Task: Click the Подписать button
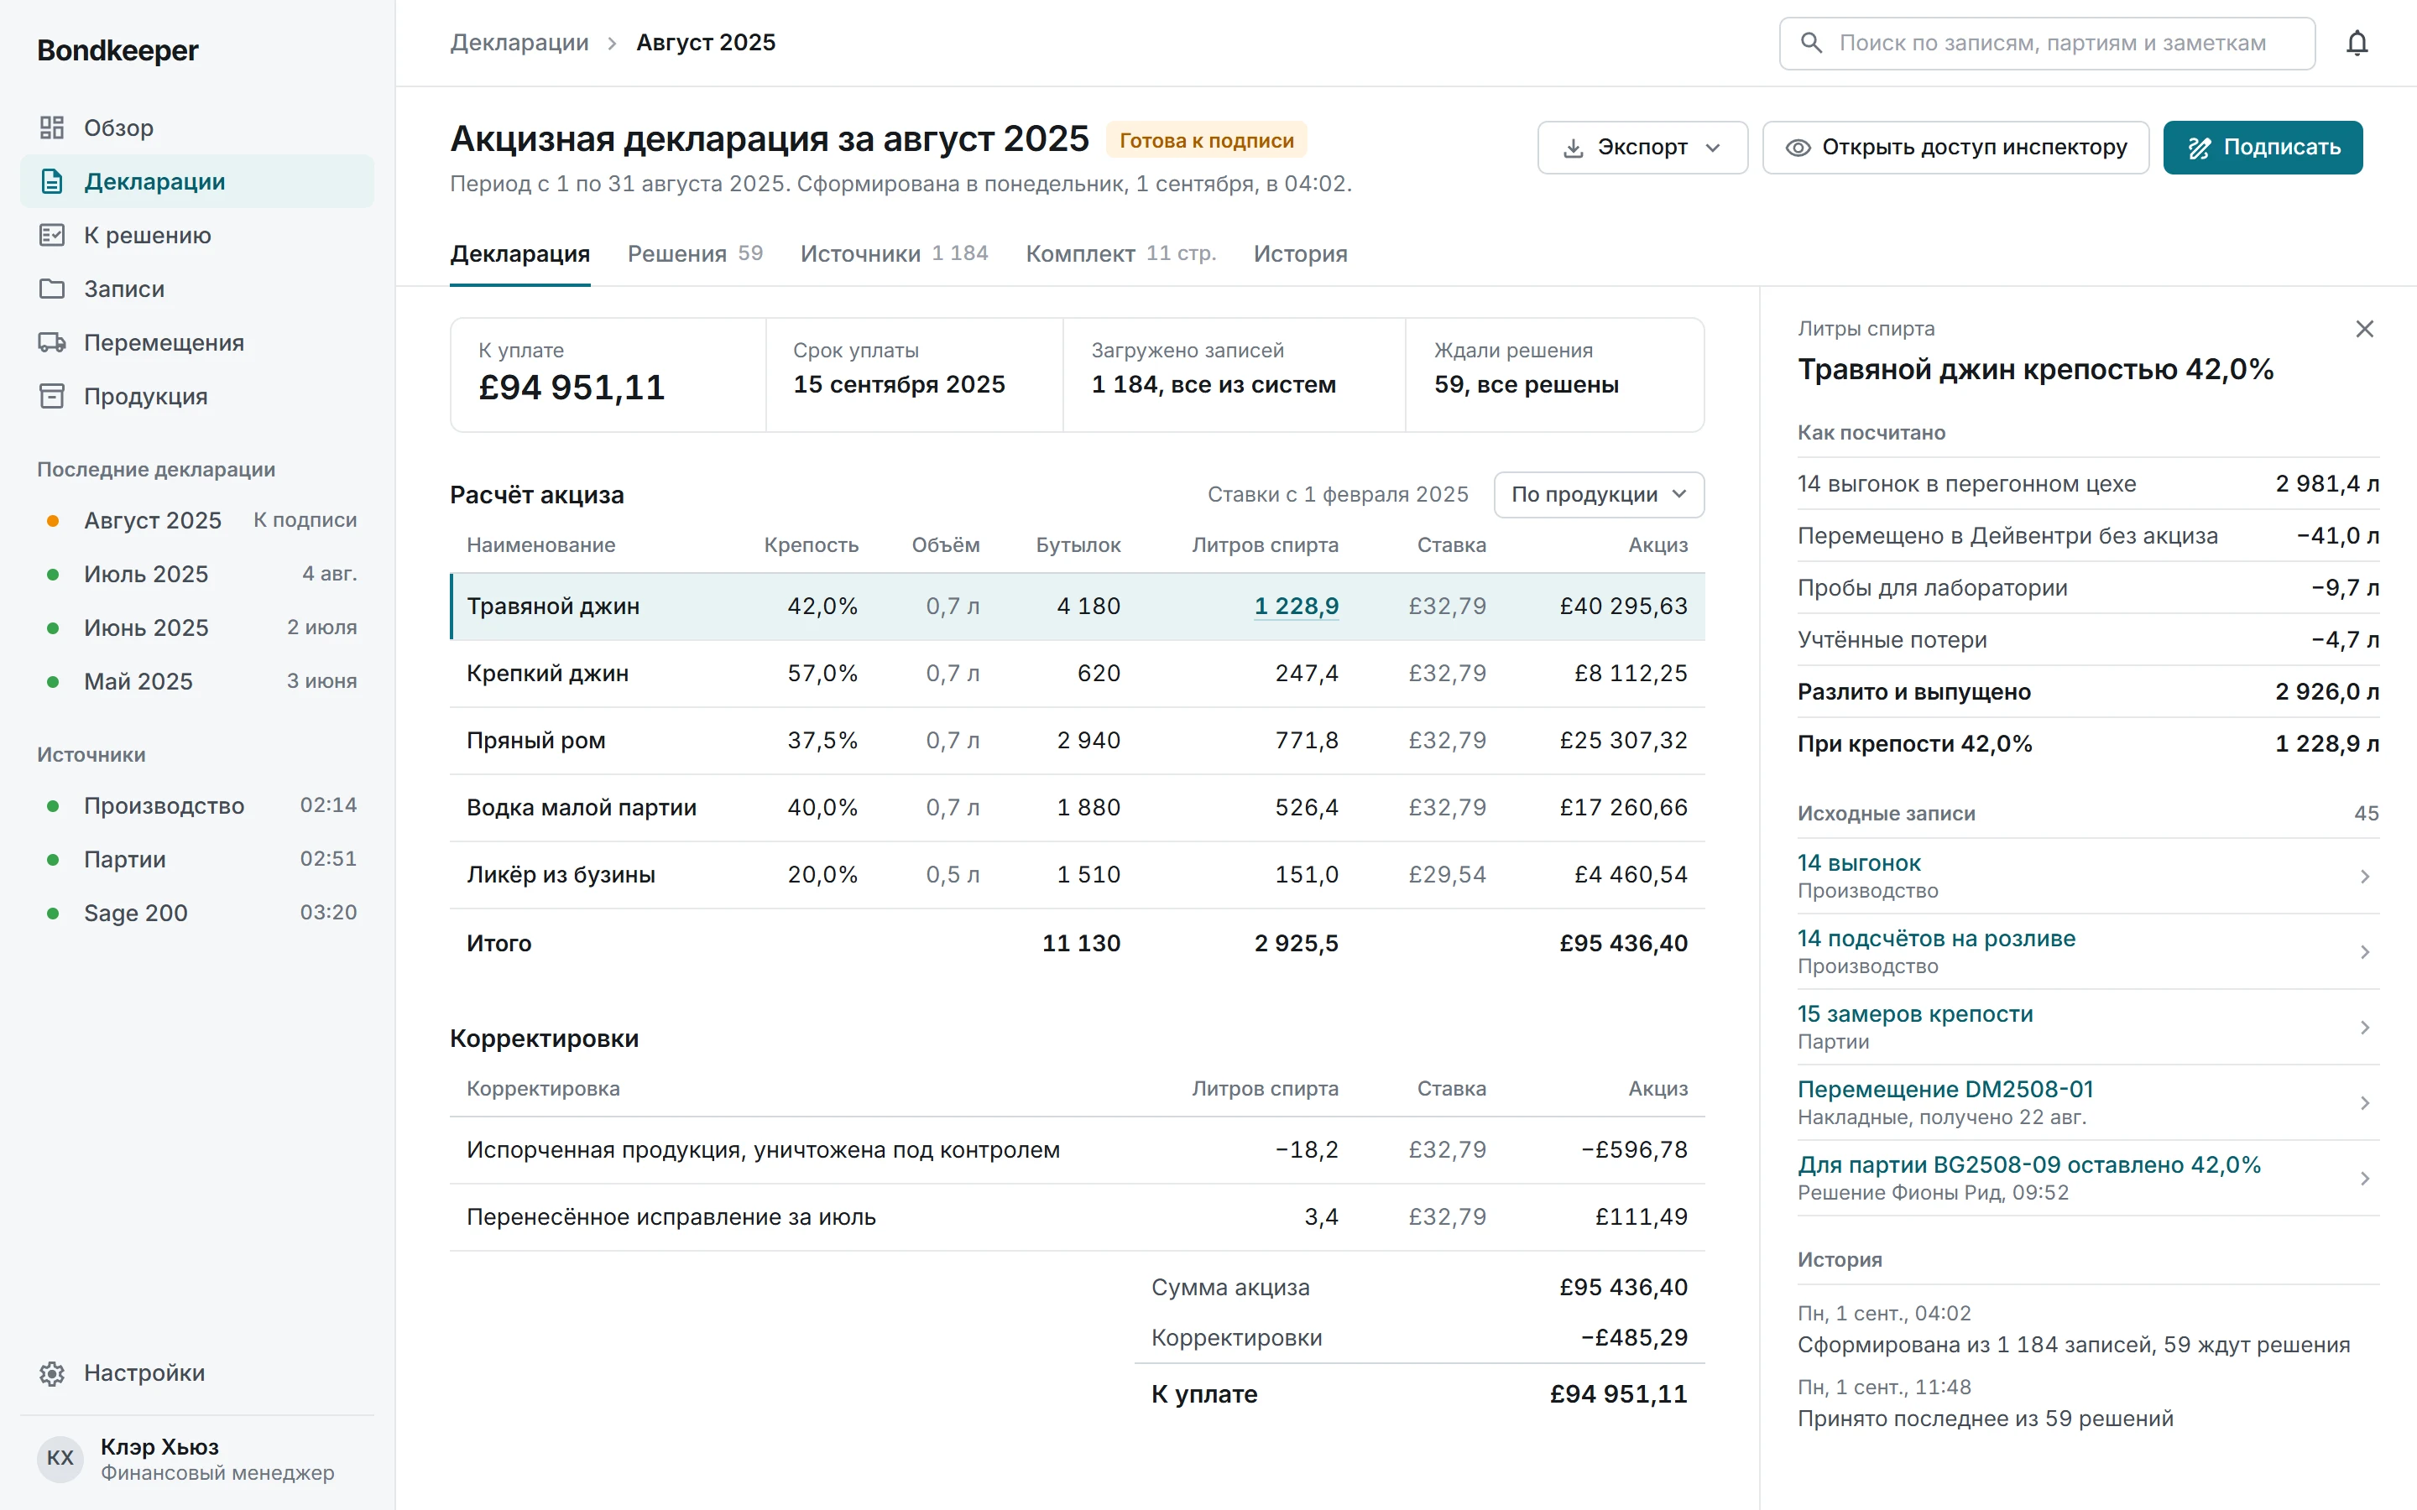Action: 2263,148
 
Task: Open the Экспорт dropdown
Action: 1642,148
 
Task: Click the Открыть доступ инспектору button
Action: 1955,148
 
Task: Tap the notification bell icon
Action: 2357,43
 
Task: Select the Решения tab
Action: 695,253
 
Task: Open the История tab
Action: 1300,253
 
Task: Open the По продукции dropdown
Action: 1599,494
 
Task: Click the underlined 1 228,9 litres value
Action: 1297,607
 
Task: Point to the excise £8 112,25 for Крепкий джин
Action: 1631,673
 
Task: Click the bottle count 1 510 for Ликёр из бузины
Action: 1088,875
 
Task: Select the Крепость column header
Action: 811,545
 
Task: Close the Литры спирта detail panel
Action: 2364,330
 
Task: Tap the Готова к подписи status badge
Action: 1207,141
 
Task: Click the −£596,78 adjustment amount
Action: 1634,1149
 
